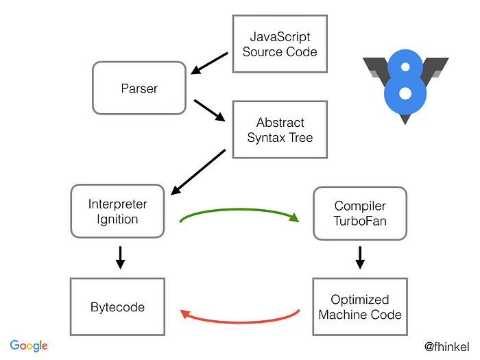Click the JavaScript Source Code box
click(x=280, y=43)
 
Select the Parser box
click(x=139, y=88)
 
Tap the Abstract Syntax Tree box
click(x=280, y=130)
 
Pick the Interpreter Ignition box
click(x=117, y=212)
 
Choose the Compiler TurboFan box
click(x=360, y=213)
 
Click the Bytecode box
click(x=117, y=307)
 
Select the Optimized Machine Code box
click(x=360, y=307)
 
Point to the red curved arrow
click(x=240, y=321)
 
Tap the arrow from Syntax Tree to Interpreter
click(x=198, y=171)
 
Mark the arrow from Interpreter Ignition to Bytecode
click(x=120, y=257)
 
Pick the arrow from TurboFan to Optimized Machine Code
click(x=360, y=257)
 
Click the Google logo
click(x=29, y=346)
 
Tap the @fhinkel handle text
click(x=446, y=346)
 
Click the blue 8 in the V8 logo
click(x=405, y=82)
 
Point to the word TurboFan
click(x=360, y=221)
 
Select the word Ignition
click(x=117, y=219)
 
